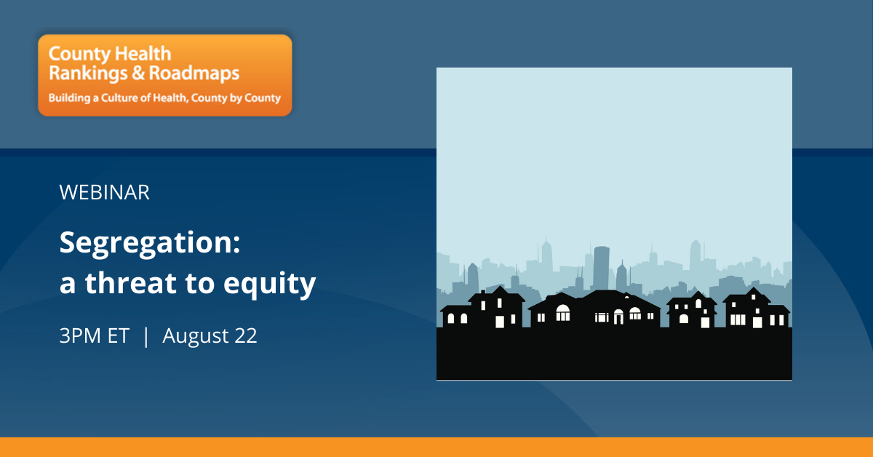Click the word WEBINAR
coord(105,192)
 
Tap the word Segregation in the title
coord(146,244)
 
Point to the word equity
coord(269,285)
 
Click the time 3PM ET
coord(95,335)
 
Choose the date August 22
coord(210,335)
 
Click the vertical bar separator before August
coord(146,336)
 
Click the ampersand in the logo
coord(138,73)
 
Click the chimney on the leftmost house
coord(483,293)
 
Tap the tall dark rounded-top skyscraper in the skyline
coord(601,269)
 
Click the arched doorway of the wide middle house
coord(618,317)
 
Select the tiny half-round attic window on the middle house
coord(626,297)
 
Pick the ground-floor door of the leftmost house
coord(500,322)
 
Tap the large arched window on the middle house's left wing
coord(563,313)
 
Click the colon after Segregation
coord(236,246)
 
